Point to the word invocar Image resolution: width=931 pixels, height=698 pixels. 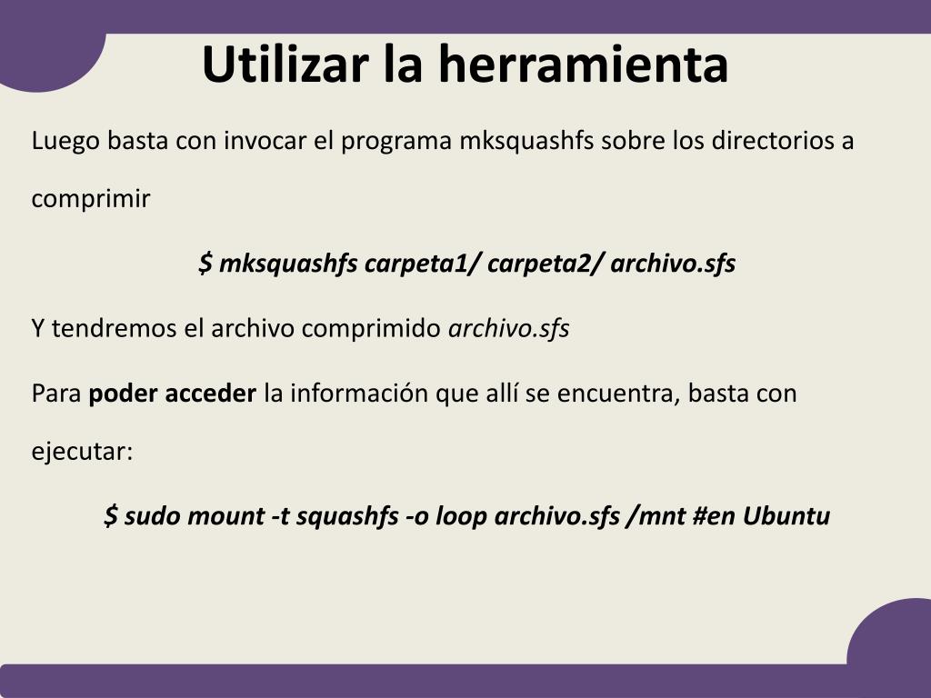[x=265, y=141]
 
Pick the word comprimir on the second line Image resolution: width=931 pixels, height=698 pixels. [x=91, y=199]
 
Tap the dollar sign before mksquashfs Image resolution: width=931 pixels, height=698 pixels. [x=205, y=263]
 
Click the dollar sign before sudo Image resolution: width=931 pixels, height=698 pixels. [x=111, y=515]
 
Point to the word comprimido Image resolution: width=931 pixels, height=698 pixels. [x=371, y=329]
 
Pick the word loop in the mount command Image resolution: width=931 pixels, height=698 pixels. [x=461, y=516]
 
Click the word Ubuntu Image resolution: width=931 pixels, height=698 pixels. [x=786, y=515]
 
